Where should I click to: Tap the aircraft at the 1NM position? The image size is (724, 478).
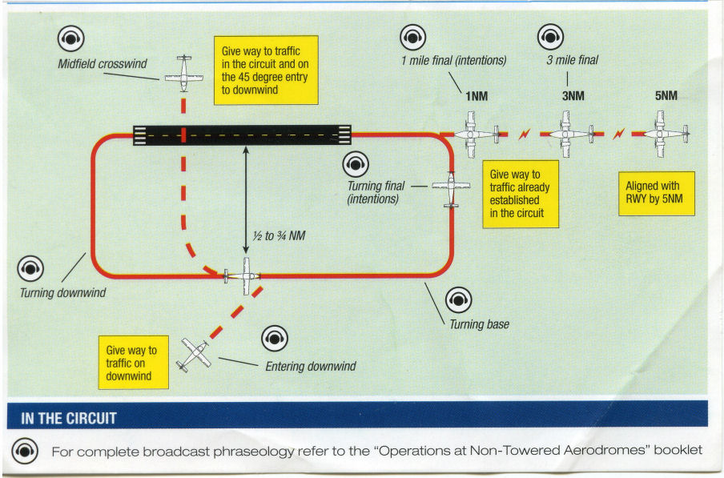point(477,135)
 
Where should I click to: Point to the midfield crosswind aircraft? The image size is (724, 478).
point(183,74)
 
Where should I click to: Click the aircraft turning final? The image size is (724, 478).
point(451,189)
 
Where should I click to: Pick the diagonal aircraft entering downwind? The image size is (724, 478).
point(195,355)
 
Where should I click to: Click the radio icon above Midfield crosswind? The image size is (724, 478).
point(70,38)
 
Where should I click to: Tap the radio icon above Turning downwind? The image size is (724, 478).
point(30,268)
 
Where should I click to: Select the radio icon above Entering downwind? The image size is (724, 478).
point(275,338)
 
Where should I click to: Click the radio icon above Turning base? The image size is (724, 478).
point(458,300)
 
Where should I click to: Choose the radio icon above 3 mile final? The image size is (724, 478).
point(550,37)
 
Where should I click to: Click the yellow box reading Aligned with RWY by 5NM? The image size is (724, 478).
point(657,194)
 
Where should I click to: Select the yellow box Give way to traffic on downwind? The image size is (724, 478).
point(134,363)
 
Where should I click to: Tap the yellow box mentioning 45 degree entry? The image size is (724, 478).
point(266,70)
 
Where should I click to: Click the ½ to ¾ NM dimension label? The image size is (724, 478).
point(279,235)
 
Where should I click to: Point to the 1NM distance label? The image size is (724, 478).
point(477,96)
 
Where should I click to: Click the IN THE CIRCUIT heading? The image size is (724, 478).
point(68,418)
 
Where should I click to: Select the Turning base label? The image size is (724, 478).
point(479,324)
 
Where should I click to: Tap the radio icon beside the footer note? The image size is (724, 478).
point(25,451)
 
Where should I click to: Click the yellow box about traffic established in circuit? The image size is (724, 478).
point(521,195)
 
